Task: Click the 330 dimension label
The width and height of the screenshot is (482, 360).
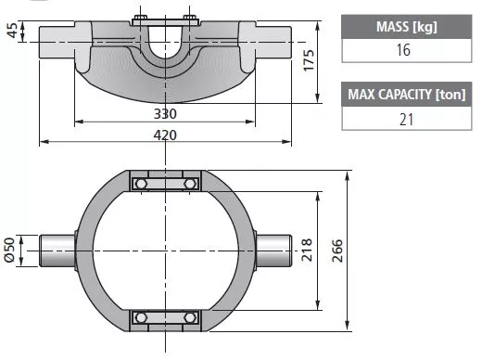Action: tap(165, 114)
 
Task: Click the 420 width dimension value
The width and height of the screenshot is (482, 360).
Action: tap(165, 135)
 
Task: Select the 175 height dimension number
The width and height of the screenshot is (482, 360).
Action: tap(309, 60)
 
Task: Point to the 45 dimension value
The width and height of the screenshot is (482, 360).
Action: tap(12, 31)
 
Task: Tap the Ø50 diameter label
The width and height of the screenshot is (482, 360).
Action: tap(9, 250)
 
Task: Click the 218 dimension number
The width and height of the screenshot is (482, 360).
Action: tap(307, 250)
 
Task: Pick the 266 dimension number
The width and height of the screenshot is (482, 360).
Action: tap(337, 251)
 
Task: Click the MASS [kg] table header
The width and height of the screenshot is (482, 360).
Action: tap(407, 27)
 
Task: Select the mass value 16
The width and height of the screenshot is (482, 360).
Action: tap(404, 50)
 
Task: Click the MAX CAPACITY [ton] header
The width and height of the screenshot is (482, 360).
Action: tap(407, 95)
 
